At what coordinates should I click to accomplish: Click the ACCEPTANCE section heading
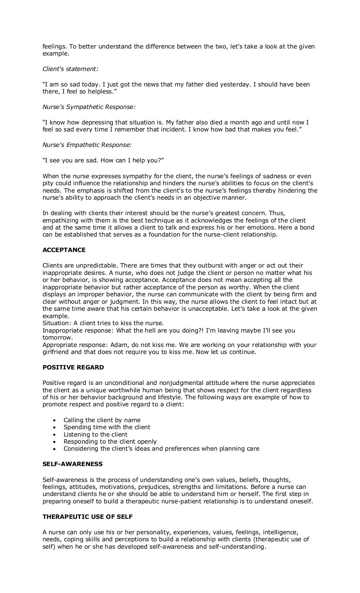click(64, 250)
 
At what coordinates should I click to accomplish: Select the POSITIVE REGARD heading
click(73, 367)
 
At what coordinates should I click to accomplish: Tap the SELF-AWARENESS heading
click(72, 464)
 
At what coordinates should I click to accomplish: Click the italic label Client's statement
click(70, 69)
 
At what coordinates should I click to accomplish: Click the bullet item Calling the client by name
click(102, 420)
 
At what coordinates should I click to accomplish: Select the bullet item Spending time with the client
click(107, 427)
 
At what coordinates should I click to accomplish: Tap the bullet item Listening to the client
click(96, 434)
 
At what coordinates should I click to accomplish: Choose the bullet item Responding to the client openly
click(110, 441)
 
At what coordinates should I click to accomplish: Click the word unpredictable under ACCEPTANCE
click(86, 265)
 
